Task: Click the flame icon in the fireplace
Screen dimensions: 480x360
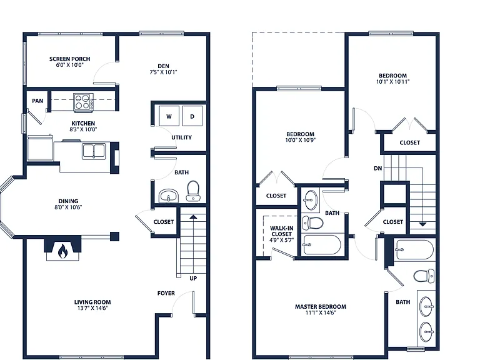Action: point(62,251)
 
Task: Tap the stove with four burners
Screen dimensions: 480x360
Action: point(83,102)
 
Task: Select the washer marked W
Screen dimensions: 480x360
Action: point(169,116)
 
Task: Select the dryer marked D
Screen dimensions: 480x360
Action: point(192,116)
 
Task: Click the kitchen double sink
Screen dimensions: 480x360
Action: point(94,151)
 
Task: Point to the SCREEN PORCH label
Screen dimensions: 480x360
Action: point(70,59)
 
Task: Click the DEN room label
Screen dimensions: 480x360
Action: point(164,66)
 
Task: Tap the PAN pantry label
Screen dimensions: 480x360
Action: point(37,101)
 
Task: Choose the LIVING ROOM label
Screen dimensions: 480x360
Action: point(92,302)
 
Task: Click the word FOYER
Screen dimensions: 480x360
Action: point(166,293)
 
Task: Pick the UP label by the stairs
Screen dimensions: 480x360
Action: point(193,278)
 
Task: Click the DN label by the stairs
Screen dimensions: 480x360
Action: point(378,168)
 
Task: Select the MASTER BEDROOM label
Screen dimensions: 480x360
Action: point(321,306)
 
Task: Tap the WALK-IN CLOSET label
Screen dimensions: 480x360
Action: point(282,231)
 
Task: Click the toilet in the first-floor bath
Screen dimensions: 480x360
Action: point(193,191)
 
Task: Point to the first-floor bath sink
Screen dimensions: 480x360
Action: point(168,196)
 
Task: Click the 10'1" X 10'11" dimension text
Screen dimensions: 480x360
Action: point(392,82)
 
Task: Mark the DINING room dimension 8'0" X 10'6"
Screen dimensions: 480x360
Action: point(68,207)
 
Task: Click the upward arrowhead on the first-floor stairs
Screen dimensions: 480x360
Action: point(193,217)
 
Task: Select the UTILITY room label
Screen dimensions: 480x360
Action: point(181,137)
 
